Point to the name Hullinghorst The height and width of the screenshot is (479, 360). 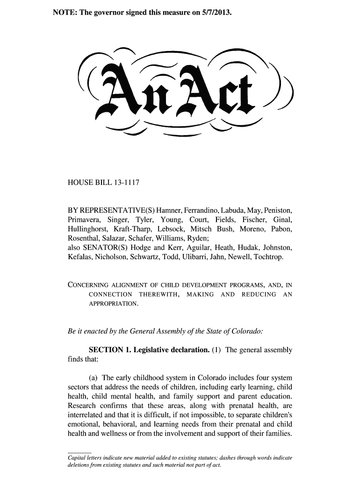coord(88,230)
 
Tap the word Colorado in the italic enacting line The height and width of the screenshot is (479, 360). coord(248,331)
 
